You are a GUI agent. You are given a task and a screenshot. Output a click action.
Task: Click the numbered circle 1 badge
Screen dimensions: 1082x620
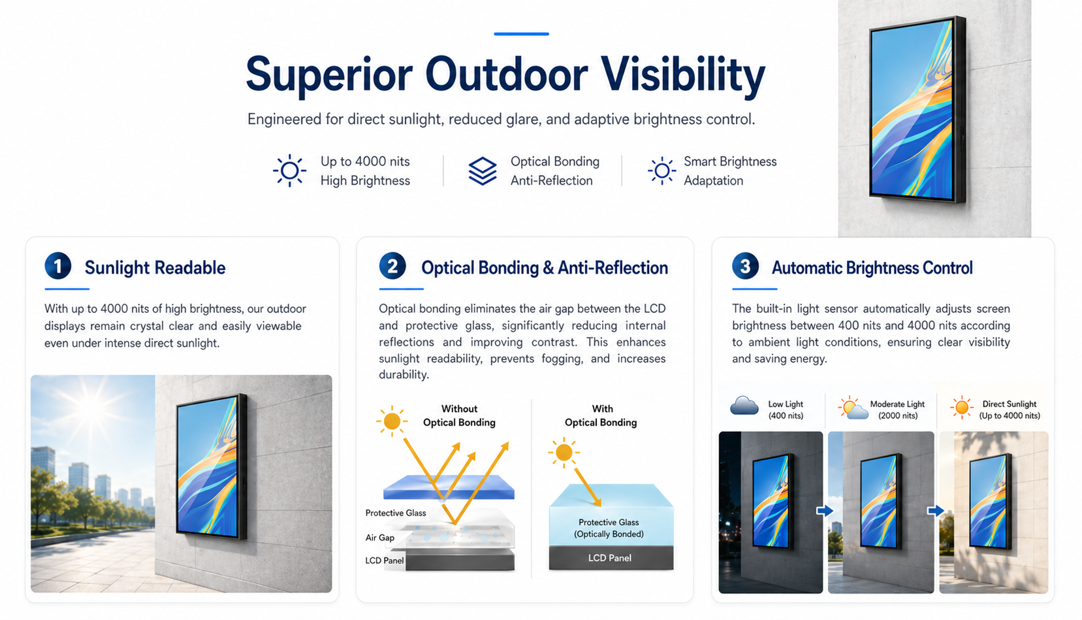[58, 266]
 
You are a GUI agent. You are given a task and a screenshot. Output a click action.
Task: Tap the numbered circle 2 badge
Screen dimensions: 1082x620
[392, 266]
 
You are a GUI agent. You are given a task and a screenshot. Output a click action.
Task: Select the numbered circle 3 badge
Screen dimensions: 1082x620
[745, 266]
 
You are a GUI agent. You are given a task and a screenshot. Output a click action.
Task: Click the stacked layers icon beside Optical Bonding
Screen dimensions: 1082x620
[483, 171]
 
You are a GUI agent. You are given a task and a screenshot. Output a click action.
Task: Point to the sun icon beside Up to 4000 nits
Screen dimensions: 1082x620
[289, 171]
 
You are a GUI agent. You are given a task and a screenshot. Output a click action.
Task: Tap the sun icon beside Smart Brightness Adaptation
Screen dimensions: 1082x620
[661, 171]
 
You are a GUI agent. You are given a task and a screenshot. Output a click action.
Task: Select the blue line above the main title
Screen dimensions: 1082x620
[521, 34]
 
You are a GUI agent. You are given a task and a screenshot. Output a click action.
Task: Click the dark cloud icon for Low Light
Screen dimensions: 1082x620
[744, 406]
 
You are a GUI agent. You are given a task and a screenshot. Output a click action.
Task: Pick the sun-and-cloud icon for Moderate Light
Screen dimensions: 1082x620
[853, 408]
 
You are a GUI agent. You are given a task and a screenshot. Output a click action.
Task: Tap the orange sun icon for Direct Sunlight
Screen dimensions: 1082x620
[962, 408]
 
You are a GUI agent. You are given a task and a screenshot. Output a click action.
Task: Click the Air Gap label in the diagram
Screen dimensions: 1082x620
[379, 538]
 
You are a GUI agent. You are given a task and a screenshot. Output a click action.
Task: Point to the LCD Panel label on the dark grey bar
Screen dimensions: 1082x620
[610, 558]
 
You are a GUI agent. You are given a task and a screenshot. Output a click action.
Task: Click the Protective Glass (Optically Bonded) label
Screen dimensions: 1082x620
[609, 528]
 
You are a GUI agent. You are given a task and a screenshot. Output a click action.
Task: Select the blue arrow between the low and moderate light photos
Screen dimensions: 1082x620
[825, 510]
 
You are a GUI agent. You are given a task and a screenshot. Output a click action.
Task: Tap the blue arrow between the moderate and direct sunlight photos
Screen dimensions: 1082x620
[936, 510]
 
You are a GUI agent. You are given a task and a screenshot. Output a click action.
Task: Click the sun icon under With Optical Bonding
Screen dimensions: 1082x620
[564, 453]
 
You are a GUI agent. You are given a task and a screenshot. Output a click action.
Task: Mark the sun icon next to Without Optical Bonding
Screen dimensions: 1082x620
[392, 421]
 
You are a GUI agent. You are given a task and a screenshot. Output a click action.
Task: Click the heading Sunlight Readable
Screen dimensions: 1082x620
[155, 268]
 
